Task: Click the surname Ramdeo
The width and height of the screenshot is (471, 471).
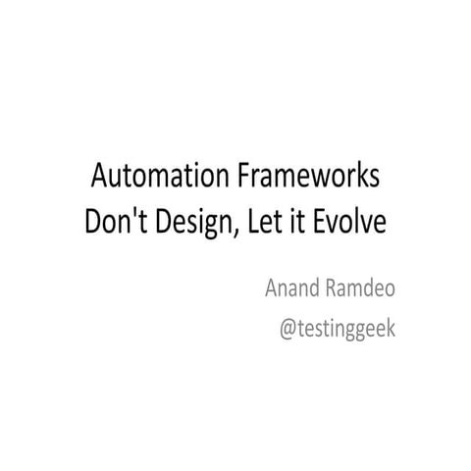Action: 363,288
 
